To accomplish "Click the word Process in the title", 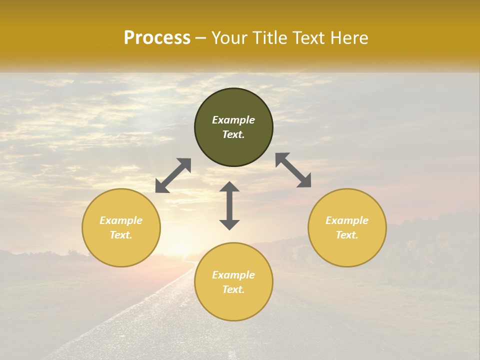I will [x=157, y=38].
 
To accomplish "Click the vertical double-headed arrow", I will [x=229, y=205].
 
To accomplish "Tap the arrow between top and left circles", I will [x=173, y=175].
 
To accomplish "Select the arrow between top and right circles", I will [x=293, y=170].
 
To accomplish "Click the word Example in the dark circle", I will [x=233, y=120].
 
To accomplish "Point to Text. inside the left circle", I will [x=121, y=235].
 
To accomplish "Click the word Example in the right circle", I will [x=347, y=220].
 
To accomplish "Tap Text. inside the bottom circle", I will [x=233, y=289].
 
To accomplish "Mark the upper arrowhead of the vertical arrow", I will [x=229, y=186].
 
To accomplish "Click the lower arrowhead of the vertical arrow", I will [x=229, y=224].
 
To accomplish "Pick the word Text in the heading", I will [x=309, y=38].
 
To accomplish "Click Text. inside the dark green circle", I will [x=233, y=134].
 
